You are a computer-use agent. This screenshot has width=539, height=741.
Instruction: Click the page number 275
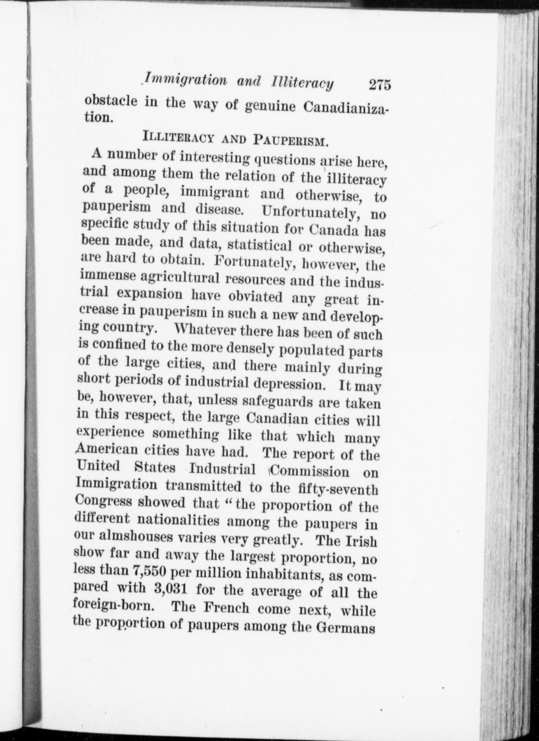pyautogui.click(x=380, y=85)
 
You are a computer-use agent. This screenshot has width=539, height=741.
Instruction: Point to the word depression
pyautogui.click(x=292, y=384)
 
